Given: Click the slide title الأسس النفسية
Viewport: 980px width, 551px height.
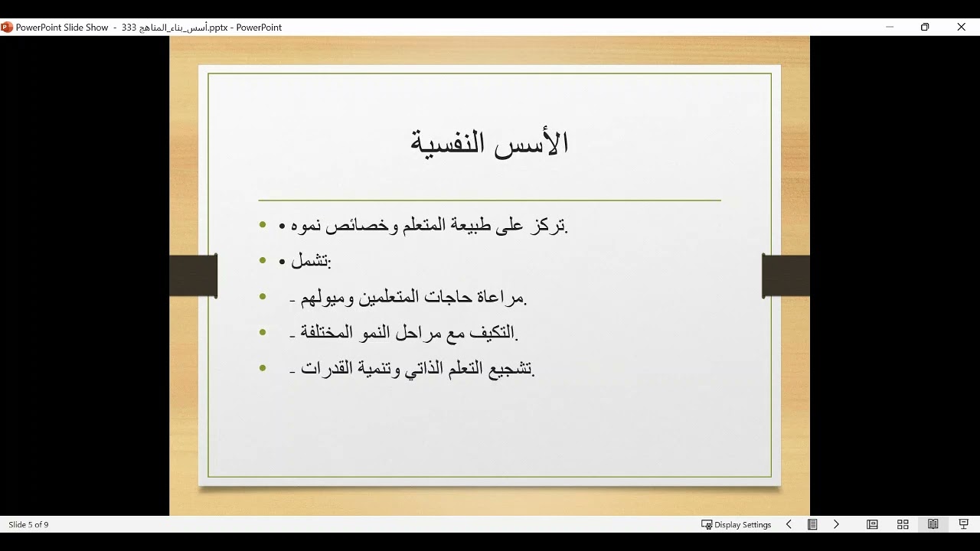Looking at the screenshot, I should (x=489, y=143).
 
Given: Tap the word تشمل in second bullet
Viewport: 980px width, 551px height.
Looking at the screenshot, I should (x=309, y=261).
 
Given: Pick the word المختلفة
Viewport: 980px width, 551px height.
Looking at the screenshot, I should (x=336, y=332).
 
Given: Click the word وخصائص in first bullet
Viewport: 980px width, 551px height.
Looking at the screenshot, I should (x=371, y=226).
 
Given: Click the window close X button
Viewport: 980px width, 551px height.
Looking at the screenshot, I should (x=961, y=27).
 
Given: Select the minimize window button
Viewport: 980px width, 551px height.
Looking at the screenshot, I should (x=890, y=27).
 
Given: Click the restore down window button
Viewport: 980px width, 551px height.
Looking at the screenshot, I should (x=925, y=27).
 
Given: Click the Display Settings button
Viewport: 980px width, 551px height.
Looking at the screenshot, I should (x=736, y=524).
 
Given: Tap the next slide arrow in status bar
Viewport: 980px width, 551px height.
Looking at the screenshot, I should (x=836, y=524).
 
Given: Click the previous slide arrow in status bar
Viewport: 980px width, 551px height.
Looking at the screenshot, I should (x=789, y=524).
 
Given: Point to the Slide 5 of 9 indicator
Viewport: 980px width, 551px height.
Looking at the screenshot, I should (x=28, y=524).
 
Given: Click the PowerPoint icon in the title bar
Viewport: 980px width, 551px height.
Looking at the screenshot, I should (x=7, y=27).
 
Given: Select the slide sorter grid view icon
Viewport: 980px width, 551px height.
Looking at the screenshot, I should (x=903, y=524).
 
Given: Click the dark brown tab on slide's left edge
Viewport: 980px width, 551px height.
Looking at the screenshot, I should (x=193, y=275).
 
